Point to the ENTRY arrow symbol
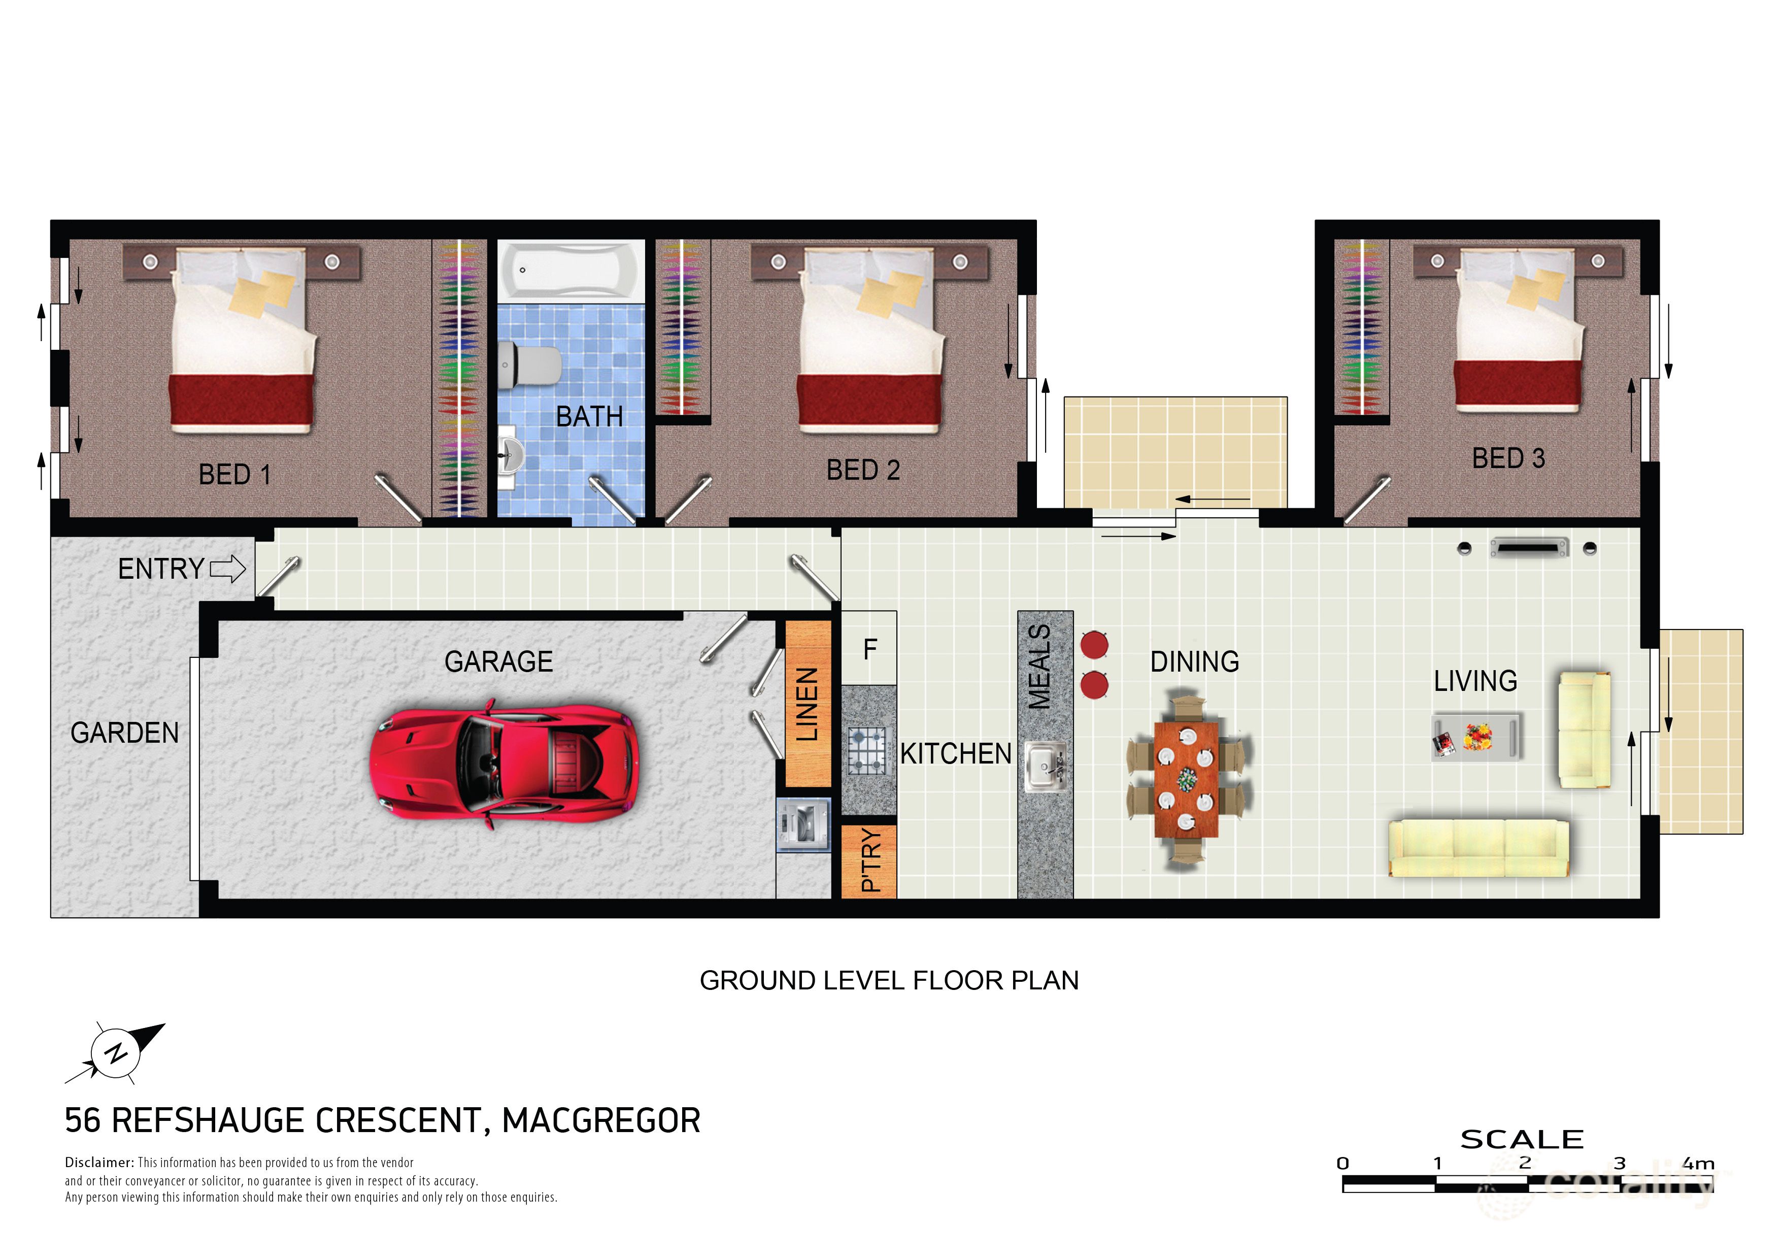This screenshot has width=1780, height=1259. click(228, 569)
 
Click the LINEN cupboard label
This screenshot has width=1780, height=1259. click(807, 704)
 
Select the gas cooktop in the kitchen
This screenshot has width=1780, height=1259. click(867, 750)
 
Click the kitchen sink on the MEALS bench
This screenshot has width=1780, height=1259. click(1045, 765)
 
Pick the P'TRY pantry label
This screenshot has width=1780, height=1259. click(870, 860)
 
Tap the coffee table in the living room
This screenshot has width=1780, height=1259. click(1476, 737)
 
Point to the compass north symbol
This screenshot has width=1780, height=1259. click(116, 1053)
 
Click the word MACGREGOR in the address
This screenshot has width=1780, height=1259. click(601, 1121)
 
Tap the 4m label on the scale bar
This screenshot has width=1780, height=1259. click(1698, 1164)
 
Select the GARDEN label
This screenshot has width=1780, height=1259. click(124, 733)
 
